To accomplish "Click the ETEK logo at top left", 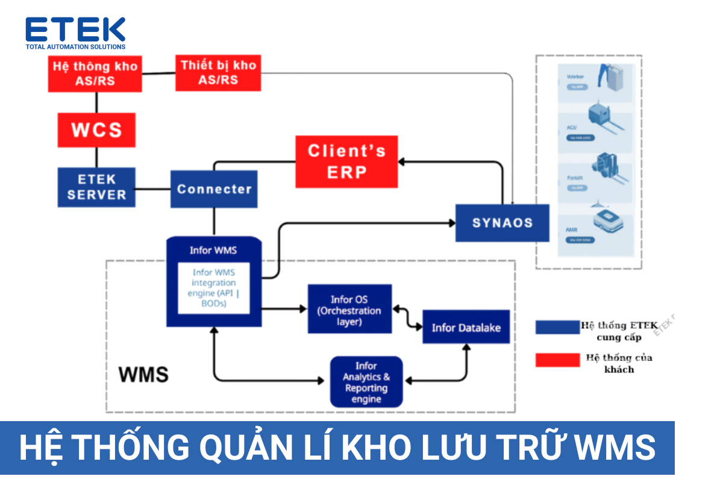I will point(75,33).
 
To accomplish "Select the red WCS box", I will point(96,130).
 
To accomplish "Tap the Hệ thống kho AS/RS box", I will point(95,74).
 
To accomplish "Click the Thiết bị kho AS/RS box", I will point(218,72).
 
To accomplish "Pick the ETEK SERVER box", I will point(96,187).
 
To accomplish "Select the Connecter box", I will point(214,189).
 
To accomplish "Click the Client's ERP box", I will point(346,161).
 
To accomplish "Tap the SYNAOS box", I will point(502,223).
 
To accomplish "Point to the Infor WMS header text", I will point(213,250).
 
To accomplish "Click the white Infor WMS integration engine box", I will point(213,288).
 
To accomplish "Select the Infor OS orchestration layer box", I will point(349,308).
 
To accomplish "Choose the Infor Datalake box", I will point(466,327).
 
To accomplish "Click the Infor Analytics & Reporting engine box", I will point(366,382).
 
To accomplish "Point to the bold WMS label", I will point(143,374).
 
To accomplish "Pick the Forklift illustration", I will point(606,175).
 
